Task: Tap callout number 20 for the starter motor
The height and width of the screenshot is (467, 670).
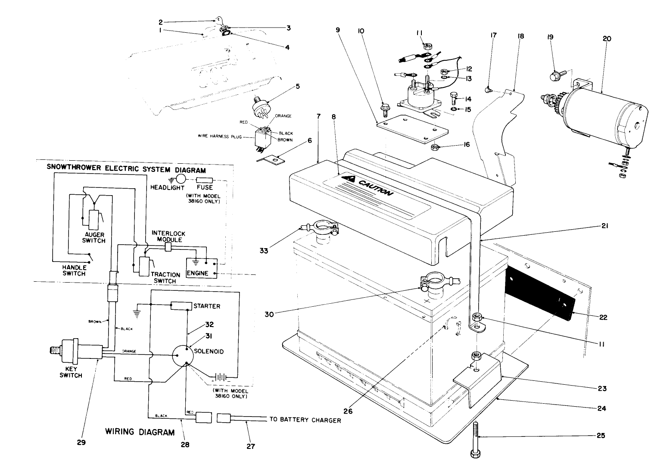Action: (607, 38)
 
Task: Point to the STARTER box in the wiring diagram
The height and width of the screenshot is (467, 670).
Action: (181, 306)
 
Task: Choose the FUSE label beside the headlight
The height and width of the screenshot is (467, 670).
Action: (205, 187)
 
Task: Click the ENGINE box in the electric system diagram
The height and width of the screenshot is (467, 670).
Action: (200, 267)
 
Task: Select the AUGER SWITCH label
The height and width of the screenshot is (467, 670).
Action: (93, 237)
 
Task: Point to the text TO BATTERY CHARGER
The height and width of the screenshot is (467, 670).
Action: (305, 420)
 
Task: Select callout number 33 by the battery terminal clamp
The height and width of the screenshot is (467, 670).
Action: (264, 250)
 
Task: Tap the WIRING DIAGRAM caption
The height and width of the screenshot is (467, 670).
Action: (140, 432)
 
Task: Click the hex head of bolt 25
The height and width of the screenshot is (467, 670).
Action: (474, 454)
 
